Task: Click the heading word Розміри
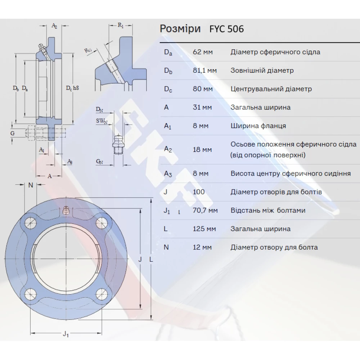(180, 29)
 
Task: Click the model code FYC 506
(226, 29)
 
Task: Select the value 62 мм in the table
(203, 52)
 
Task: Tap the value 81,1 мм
(205, 71)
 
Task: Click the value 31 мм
(202, 107)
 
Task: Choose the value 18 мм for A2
(202, 149)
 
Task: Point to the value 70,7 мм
(205, 210)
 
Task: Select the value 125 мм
(204, 229)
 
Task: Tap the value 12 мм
(202, 247)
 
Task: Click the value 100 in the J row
(199, 192)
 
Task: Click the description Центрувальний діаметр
(271, 89)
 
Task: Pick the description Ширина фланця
(258, 126)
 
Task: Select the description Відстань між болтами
(268, 210)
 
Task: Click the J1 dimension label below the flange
(66, 334)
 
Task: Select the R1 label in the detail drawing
(121, 25)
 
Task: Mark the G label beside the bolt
(13, 133)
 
